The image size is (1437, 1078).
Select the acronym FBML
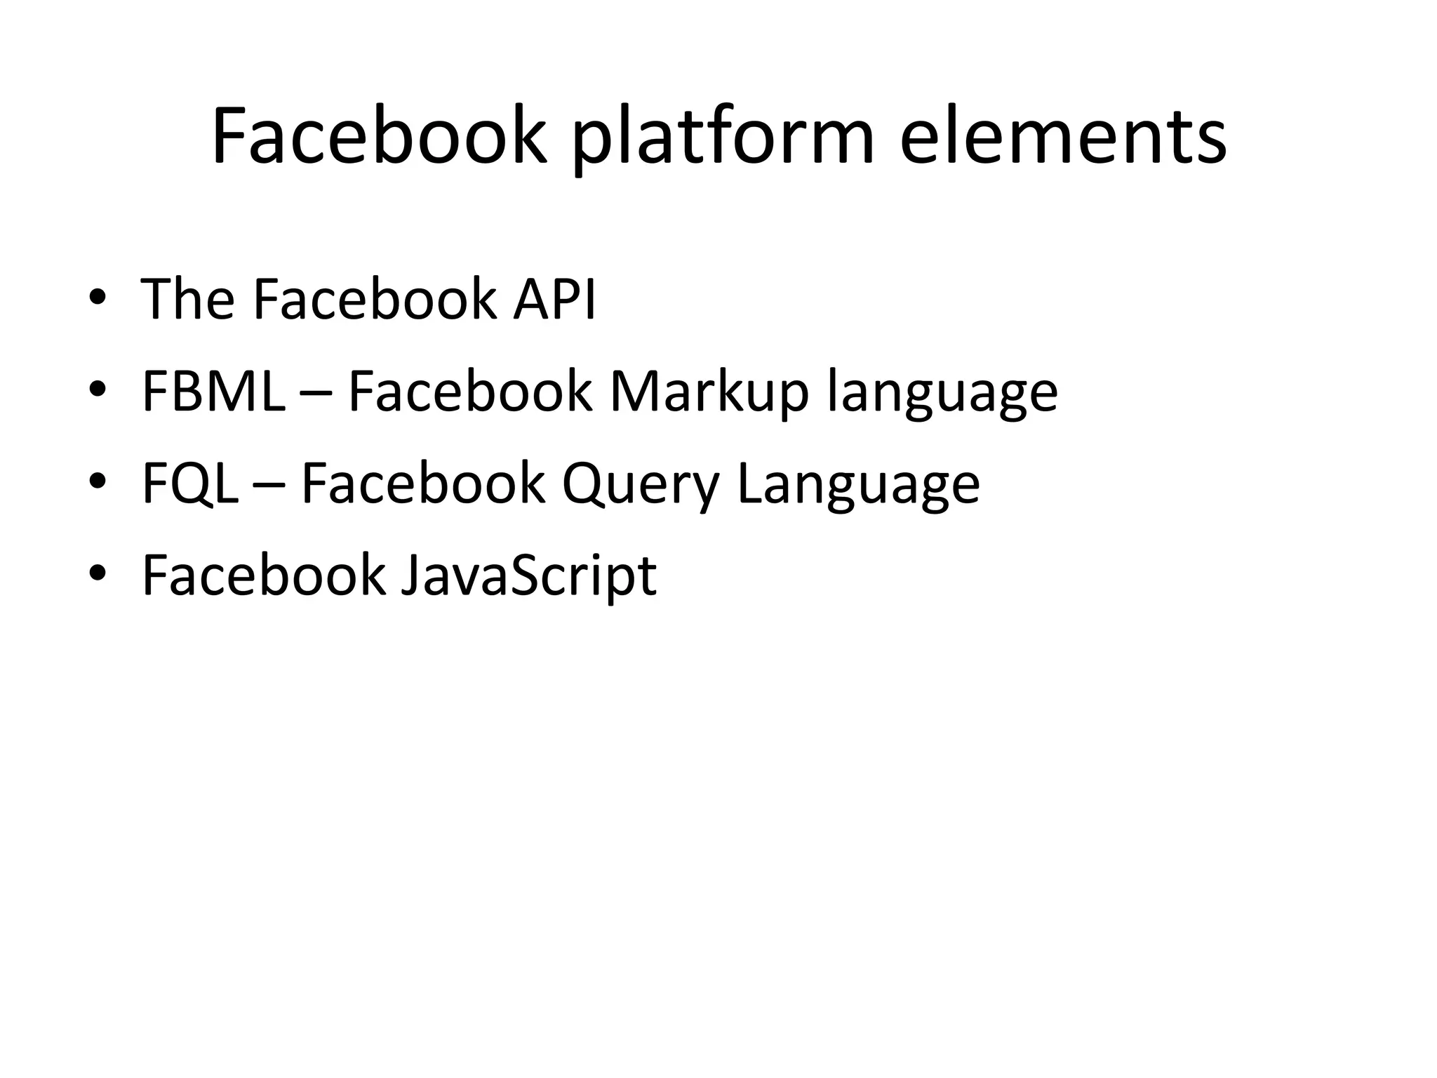pyautogui.click(x=213, y=392)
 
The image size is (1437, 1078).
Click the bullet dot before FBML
pyautogui.click(x=98, y=392)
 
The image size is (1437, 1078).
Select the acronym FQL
pyautogui.click(x=189, y=484)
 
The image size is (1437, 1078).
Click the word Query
pyautogui.click(x=641, y=486)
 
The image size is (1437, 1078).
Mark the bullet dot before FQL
pyautogui.click(x=98, y=484)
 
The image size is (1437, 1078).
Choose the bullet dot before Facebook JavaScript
pyautogui.click(x=98, y=575)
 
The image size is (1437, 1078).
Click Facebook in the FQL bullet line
pyautogui.click(x=423, y=484)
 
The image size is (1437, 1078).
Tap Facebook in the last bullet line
pyautogui.click(x=264, y=575)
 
